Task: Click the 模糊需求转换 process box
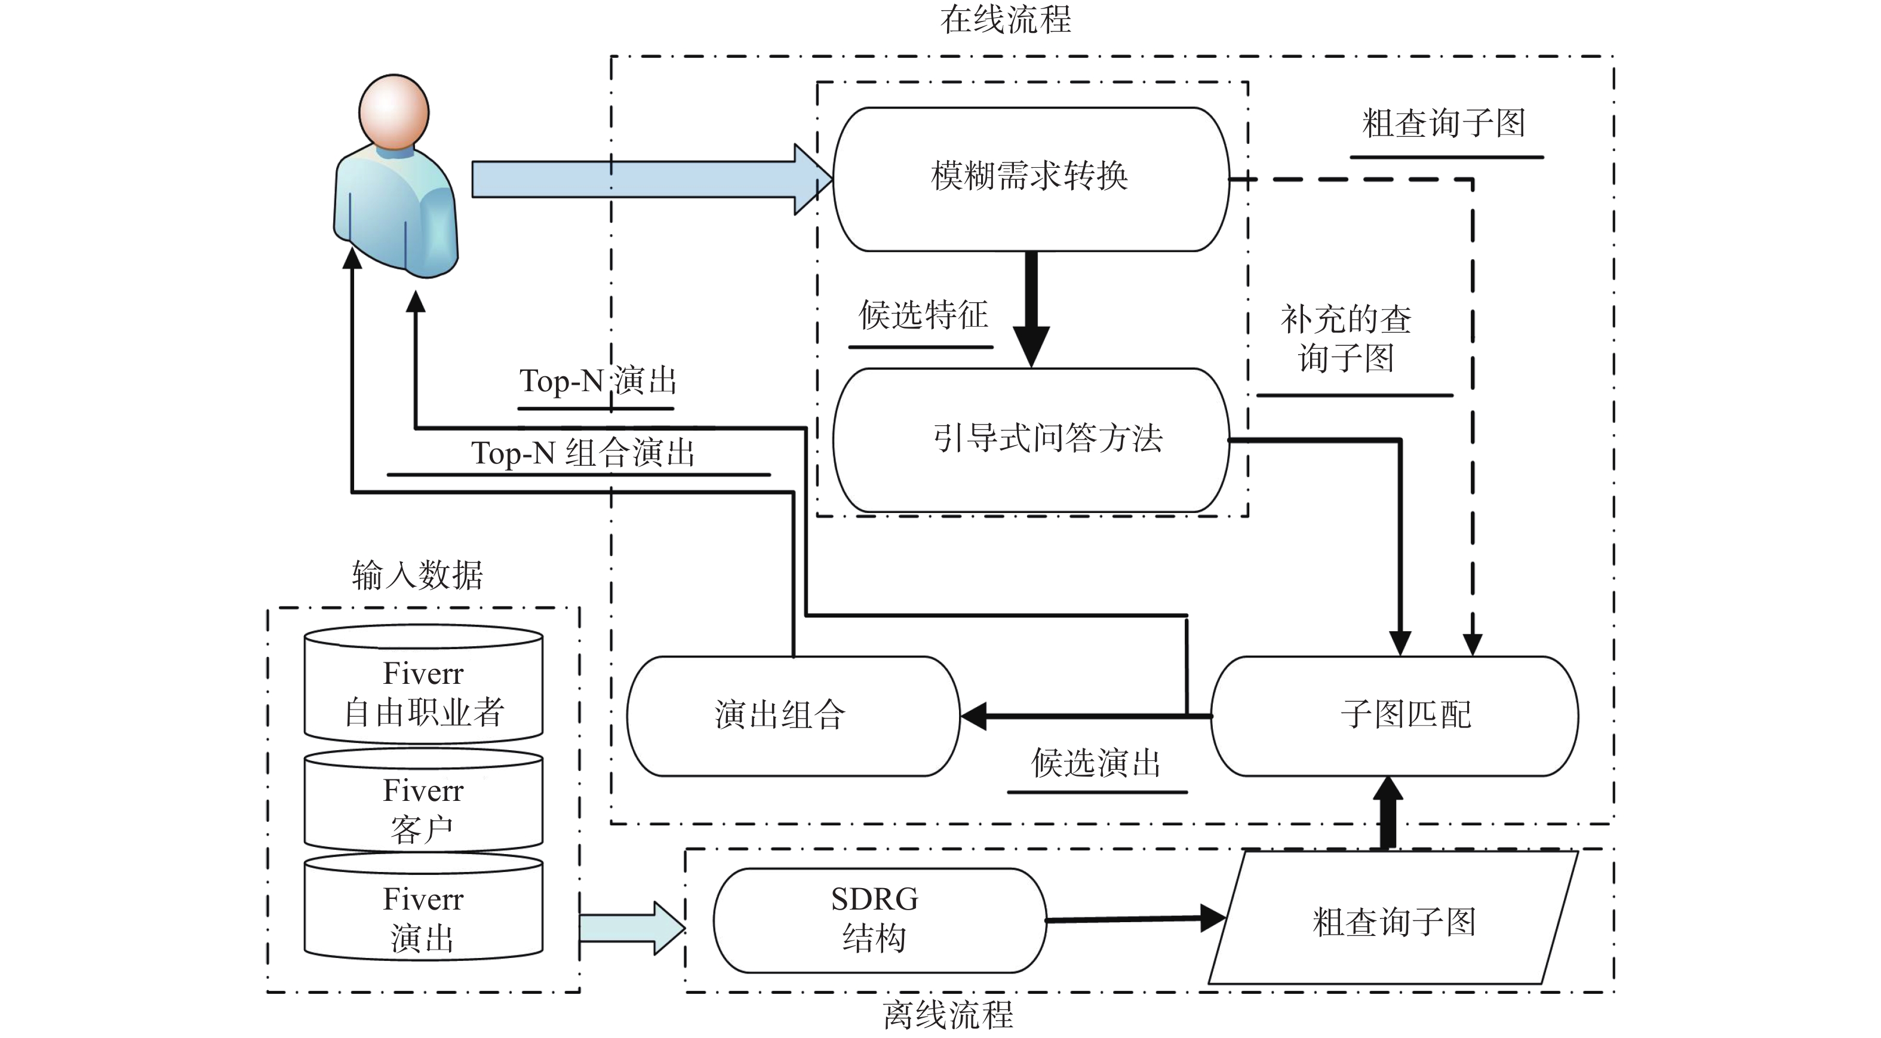click(x=1030, y=179)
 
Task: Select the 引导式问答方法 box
click(x=1030, y=440)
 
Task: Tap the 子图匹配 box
click(x=1394, y=715)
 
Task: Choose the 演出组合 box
click(x=793, y=715)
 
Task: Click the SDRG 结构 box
click(x=879, y=920)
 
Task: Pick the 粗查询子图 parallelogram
click(x=1393, y=919)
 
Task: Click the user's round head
click(x=394, y=112)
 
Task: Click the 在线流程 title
click(x=1005, y=19)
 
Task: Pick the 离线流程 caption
click(x=948, y=1015)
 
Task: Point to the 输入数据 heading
click(x=417, y=575)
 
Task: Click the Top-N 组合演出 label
click(x=582, y=453)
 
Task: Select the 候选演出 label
click(x=1095, y=763)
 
